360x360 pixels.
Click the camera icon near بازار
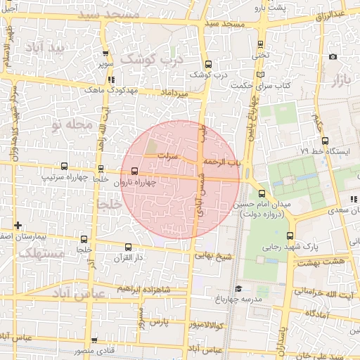point(333,57)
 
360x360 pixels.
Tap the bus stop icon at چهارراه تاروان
point(134,170)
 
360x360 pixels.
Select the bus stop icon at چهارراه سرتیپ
point(65,167)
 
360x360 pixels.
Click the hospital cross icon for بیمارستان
point(18,225)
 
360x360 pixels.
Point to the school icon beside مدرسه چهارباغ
point(238,288)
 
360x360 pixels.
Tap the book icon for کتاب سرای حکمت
point(261,74)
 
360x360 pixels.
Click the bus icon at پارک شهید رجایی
point(289,236)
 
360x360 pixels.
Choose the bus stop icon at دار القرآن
point(127,247)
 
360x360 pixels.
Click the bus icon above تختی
point(261,42)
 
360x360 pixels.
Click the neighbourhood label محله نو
point(72,124)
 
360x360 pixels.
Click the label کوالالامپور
point(202,325)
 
